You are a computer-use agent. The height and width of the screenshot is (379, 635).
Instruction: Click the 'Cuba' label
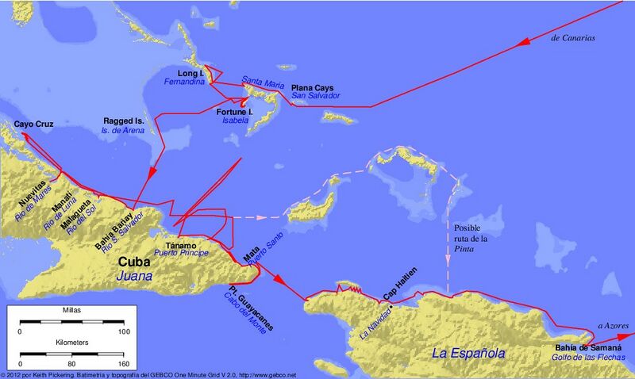click(136, 261)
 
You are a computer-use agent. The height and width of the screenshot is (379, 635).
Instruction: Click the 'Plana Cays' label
click(313, 87)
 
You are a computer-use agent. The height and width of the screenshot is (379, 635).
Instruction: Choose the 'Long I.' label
click(190, 73)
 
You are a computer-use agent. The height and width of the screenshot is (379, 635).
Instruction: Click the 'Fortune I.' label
click(234, 113)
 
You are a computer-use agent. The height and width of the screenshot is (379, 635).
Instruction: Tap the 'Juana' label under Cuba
click(135, 277)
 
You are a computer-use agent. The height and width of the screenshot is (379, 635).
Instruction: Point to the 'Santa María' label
click(263, 81)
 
